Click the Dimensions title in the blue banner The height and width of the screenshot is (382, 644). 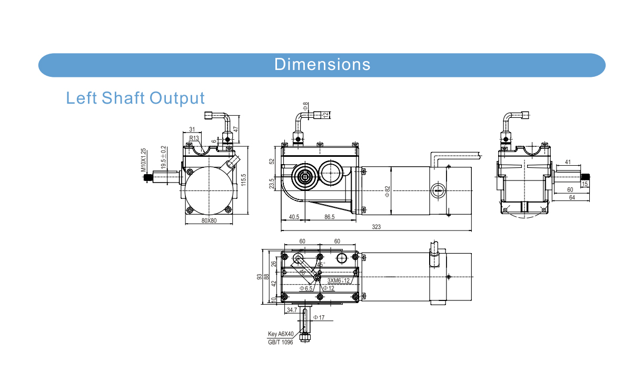coord(322,64)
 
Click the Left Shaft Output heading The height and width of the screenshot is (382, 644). coord(135,98)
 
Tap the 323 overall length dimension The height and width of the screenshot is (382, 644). coord(376,227)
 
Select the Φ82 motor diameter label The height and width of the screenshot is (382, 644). coord(388,192)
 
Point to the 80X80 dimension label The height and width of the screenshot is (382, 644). coord(209,220)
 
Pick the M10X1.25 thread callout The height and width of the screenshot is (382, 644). coord(143,161)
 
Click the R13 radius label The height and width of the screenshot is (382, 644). coord(194,138)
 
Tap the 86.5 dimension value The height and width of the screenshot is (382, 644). coord(330,217)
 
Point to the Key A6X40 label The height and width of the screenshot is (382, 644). coord(281,334)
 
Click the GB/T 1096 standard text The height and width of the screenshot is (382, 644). coord(281,343)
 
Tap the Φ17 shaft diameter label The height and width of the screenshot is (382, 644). coord(319,317)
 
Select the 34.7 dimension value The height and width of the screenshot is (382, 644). coord(292,310)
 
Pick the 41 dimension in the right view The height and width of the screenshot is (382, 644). coord(568,162)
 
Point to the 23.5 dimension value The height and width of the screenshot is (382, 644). coord(272,184)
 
